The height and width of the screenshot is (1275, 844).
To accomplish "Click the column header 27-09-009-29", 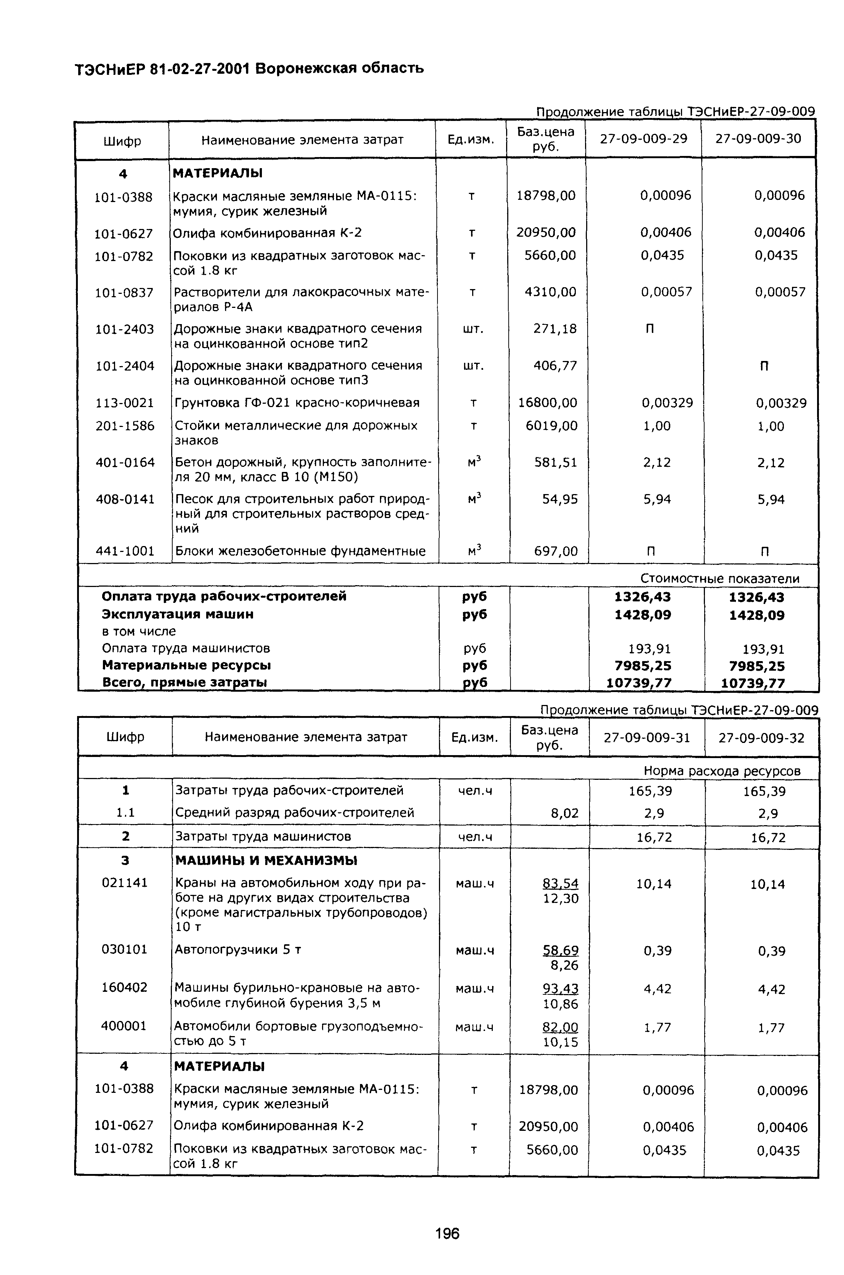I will pyautogui.click(x=643, y=139).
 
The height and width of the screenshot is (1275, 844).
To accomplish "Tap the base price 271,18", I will pyautogui.click(x=554, y=329).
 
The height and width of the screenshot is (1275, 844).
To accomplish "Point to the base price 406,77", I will pyautogui.click(x=555, y=366).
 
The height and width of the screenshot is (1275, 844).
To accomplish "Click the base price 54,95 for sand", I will pyautogui.click(x=560, y=499).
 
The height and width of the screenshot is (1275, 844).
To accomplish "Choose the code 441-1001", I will pyautogui.click(x=125, y=551).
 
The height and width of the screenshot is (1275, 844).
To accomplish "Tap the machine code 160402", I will pyautogui.click(x=124, y=988).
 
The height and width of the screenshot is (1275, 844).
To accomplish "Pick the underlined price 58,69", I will pyautogui.click(x=560, y=951).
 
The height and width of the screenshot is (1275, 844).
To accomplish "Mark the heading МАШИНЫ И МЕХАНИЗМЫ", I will pyautogui.click(x=266, y=860).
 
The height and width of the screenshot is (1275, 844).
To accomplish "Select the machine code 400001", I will pyautogui.click(x=124, y=1026).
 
